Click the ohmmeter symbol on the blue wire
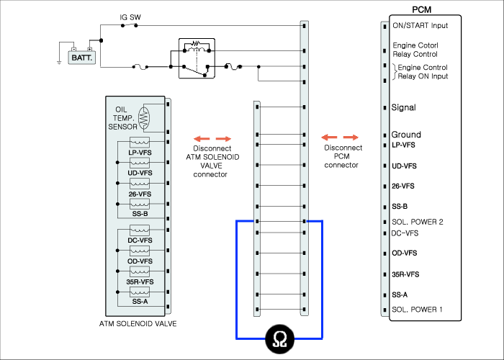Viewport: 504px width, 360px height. click(279, 339)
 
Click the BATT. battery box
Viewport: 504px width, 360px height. click(81, 58)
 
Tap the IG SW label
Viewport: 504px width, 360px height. click(130, 17)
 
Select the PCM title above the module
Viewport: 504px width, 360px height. click(421, 9)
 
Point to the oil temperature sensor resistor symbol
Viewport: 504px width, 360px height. click(144, 118)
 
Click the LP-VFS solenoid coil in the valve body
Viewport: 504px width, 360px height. click(140, 142)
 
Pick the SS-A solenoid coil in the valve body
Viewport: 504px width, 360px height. click(140, 292)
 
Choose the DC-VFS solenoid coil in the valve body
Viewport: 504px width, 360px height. click(140, 230)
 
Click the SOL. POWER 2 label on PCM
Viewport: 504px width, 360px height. click(417, 222)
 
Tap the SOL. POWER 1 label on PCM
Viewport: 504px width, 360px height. click(417, 310)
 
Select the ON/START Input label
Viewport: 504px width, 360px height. click(420, 25)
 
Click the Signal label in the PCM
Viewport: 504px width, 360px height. click(403, 107)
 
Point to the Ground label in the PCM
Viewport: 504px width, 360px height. click(406, 135)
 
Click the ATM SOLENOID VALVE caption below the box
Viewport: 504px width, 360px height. click(138, 324)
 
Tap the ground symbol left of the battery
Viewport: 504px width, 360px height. click(59, 63)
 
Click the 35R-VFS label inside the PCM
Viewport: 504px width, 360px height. click(405, 274)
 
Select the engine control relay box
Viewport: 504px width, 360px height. click(197, 58)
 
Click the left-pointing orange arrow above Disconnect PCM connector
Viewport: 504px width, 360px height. click(330, 138)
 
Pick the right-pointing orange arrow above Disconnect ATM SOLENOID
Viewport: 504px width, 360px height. click(223, 139)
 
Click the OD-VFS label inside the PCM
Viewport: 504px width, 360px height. click(405, 253)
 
